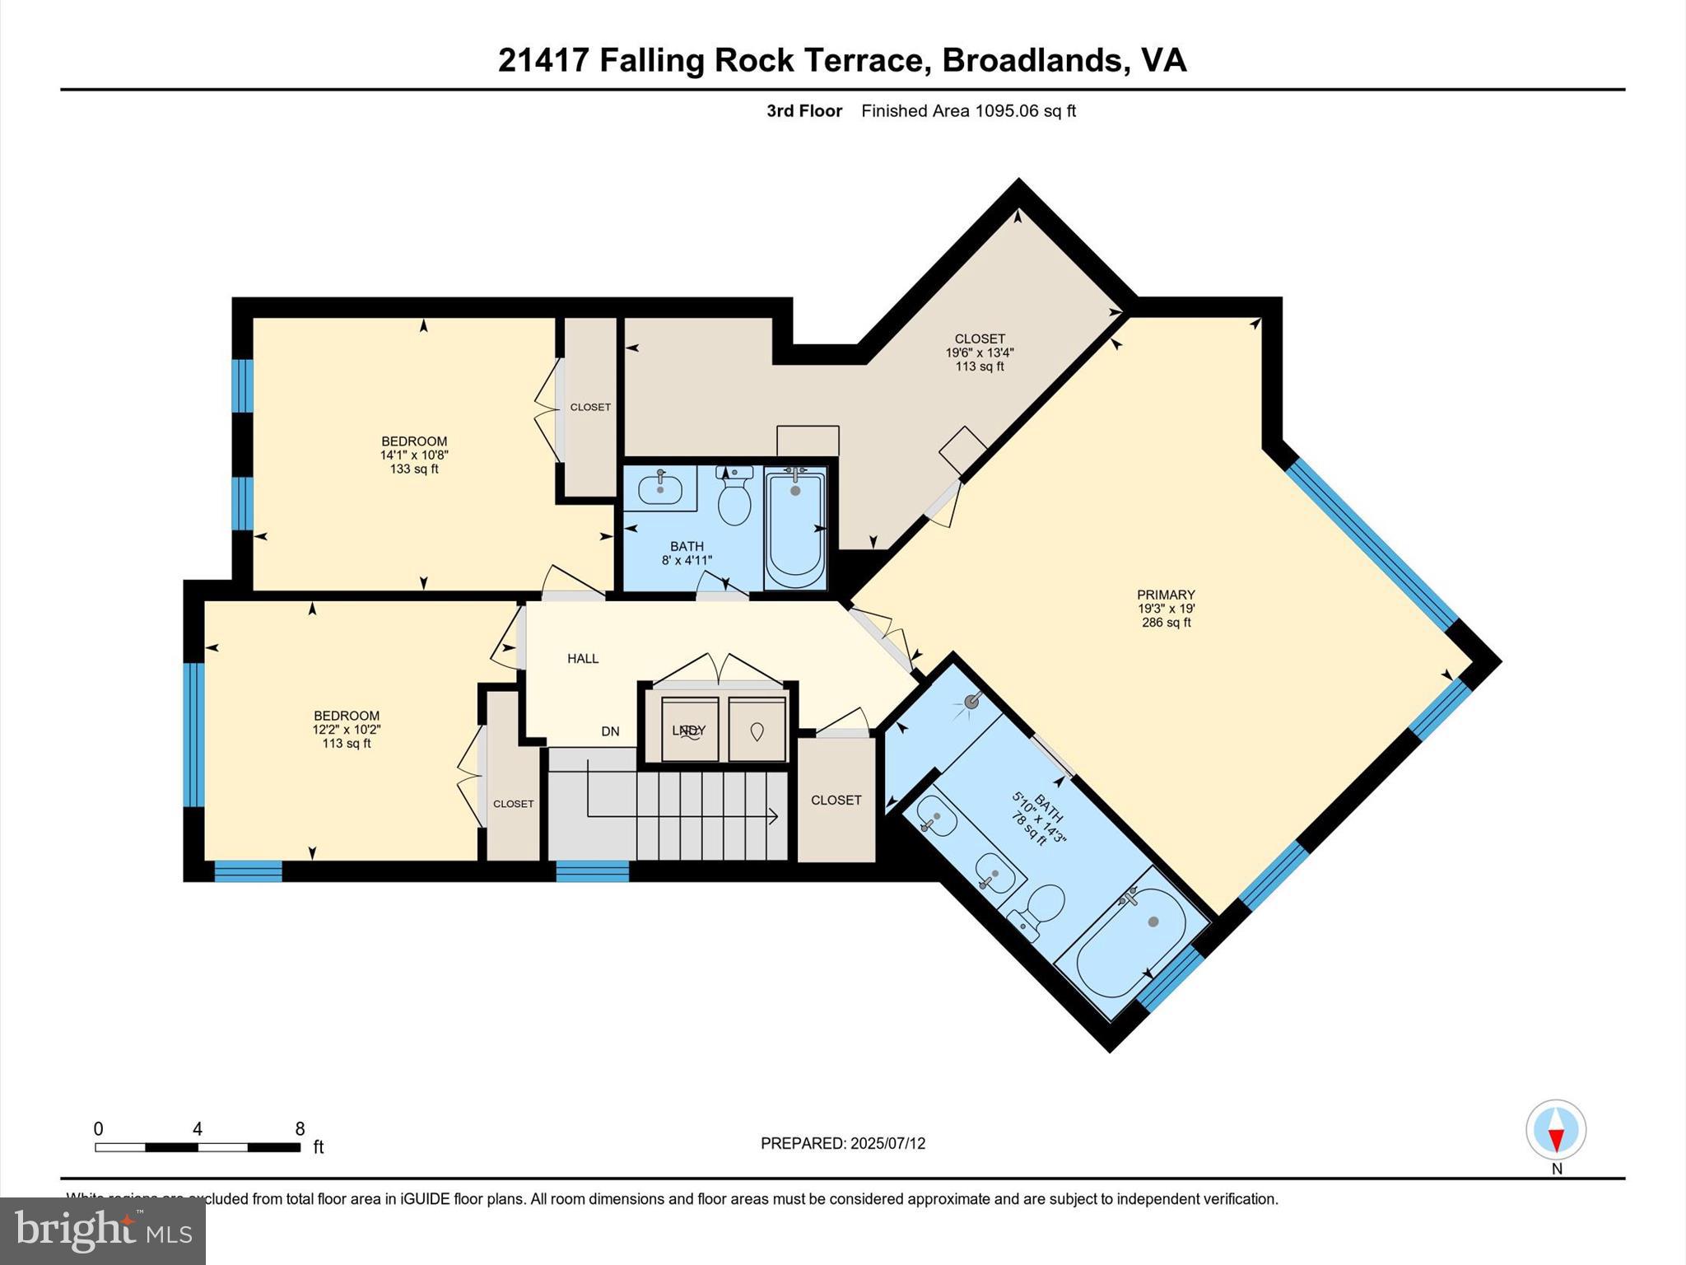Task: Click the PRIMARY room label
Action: coord(1166,595)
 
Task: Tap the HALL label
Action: coord(583,658)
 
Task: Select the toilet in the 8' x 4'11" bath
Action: coord(734,497)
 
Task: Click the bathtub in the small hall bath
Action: coord(795,527)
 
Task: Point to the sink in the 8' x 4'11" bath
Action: coord(660,488)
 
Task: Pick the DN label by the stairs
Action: coord(610,731)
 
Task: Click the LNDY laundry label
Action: coord(689,731)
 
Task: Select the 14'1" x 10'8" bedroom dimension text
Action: coord(414,455)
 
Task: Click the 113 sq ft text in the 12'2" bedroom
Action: coord(347,744)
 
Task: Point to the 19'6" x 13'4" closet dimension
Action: coord(980,352)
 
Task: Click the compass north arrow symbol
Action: coord(1556,1130)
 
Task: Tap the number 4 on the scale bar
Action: coord(198,1129)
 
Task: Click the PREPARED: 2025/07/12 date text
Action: coord(843,1143)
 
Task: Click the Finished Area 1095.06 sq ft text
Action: coord(968,111)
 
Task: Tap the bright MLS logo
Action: coord(103,1230)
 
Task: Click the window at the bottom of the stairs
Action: coord(593,871)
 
